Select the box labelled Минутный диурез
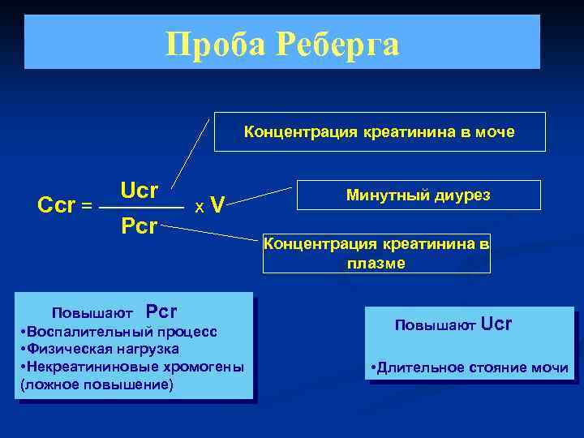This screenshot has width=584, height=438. [418, 195]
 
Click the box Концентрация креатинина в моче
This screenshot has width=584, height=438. [380, 132]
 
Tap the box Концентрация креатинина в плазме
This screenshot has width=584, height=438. [376, 254]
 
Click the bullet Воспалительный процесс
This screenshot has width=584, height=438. [118, 332]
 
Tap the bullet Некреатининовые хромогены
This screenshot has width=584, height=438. [131, 367]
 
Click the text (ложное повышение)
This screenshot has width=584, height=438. [97, 384]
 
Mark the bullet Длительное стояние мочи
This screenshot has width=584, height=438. [469, 367]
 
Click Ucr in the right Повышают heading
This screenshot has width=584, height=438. [496, 324]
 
